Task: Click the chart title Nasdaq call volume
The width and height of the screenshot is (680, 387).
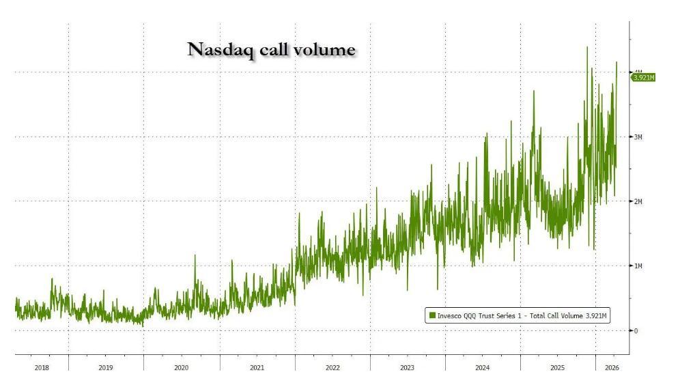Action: (x=271, y=49)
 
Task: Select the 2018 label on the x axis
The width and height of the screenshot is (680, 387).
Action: (x=42, y=368)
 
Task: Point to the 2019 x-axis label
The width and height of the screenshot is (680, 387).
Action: (x=106, y=368)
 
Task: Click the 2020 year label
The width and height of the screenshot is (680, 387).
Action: (x=181, y=368)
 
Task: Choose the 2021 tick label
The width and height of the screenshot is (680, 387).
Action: (x=257, y=368)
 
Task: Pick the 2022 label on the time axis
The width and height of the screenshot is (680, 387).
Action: (x=332, y=368)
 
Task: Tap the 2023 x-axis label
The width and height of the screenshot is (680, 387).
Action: (x=408, y=368)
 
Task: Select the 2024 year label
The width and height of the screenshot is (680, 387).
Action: (x=483, y=368)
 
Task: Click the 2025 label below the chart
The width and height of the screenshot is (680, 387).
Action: (x=558, y=368)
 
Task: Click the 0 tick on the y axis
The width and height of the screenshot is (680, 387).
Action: (x=636, y=331)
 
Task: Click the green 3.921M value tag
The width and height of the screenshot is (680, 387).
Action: (x=642, y=78)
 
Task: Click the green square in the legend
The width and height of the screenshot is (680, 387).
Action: (x=431, y=316)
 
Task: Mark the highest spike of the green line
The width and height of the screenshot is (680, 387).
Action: (x=587, y=47)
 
